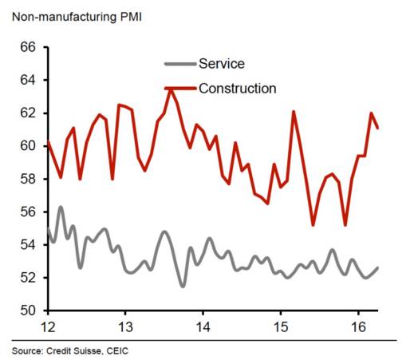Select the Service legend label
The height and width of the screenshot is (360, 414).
coord(223,64)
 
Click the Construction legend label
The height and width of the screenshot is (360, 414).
coord(237,88)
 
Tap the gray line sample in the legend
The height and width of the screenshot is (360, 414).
coord(179,64)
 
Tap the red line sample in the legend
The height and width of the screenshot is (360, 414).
coord(179,88)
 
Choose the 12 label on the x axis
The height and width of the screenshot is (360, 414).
coord(48,326)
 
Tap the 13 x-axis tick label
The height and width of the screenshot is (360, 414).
coord(125,326)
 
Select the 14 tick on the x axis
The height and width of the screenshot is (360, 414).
coord(203,326)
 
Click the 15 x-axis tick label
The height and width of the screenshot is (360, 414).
coord(280,326)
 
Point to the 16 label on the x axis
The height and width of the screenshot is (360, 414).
coord(357,326)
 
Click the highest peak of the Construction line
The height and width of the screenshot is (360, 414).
coord(171,89)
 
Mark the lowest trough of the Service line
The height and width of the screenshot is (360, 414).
coord(183,286)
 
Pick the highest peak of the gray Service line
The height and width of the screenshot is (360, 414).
coord(61,207)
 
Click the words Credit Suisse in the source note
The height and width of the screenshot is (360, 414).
coord(73,350)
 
